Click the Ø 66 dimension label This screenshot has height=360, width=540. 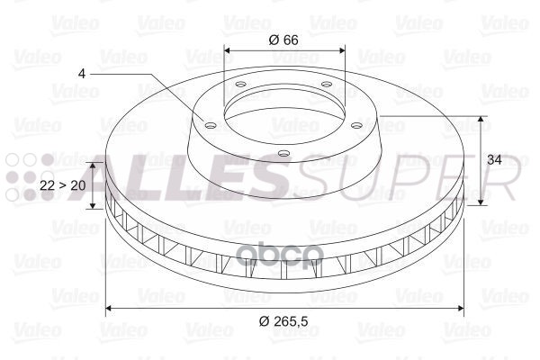point(284,39)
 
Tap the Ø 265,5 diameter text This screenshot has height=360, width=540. point(284,322)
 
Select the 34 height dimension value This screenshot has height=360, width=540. point(493,159)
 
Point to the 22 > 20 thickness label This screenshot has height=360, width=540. point(63,184)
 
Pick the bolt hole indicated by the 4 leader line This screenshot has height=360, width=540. point(210,126)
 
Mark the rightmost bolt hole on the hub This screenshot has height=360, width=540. point(357,126)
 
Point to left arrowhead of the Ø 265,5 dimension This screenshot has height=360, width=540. point(110,308)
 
